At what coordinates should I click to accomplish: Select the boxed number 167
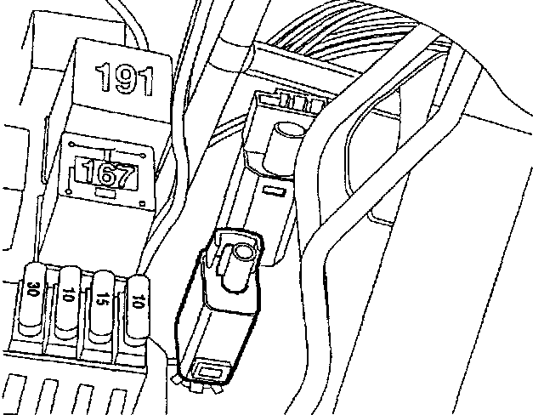pos(106,176)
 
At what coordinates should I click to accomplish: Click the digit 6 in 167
pos(106,176)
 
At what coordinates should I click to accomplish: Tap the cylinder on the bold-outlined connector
pos(243,253)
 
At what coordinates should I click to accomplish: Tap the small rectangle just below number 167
pos(107,196)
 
